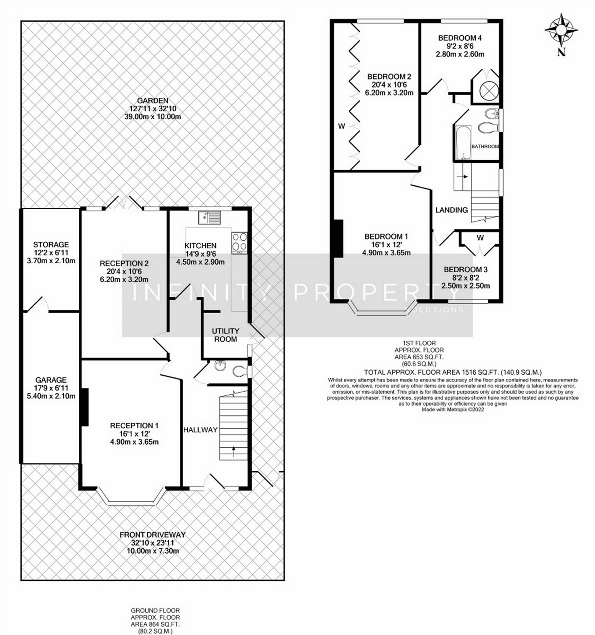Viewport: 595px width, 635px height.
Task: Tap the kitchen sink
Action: [210, 217]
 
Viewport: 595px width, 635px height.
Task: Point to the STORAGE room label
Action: [51, 244]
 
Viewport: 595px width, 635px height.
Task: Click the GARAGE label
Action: [51, 380]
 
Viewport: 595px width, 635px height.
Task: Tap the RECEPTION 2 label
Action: [124, 263]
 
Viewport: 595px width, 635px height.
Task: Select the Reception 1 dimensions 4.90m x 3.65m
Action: [134, 442]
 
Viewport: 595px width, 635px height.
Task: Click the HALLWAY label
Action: [201, 430]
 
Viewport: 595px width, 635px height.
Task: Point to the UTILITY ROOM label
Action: [225, 335]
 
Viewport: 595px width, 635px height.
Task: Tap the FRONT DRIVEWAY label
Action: [152, 535]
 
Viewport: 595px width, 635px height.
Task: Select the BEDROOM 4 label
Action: [460, 38]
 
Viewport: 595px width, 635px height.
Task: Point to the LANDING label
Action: [451, 210]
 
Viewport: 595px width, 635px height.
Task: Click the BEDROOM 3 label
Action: [465, 270]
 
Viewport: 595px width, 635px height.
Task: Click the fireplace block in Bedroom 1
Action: [338, 238]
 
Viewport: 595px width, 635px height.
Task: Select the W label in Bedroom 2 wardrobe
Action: [341, 127]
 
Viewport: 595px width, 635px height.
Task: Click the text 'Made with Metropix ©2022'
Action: [453, 409]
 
